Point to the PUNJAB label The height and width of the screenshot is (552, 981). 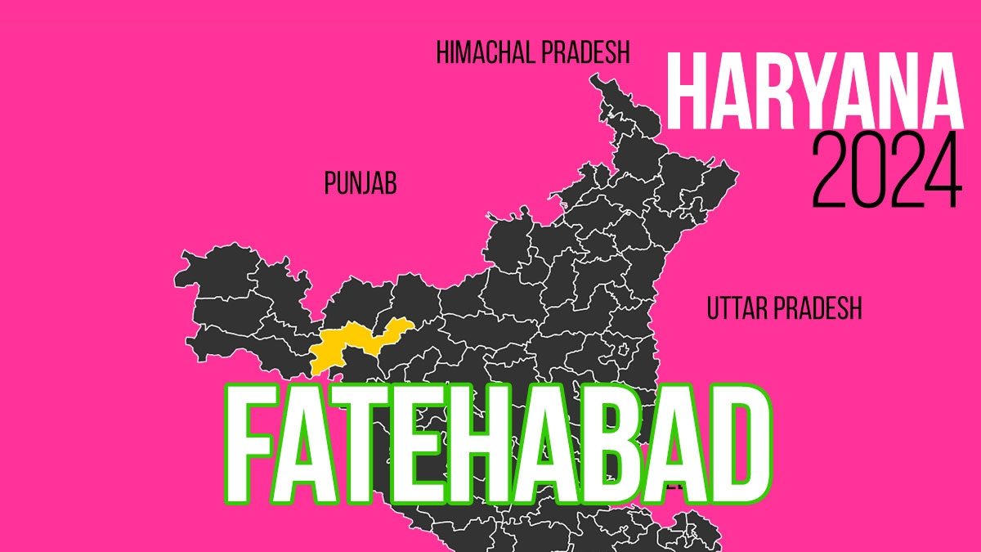(361, 185)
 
